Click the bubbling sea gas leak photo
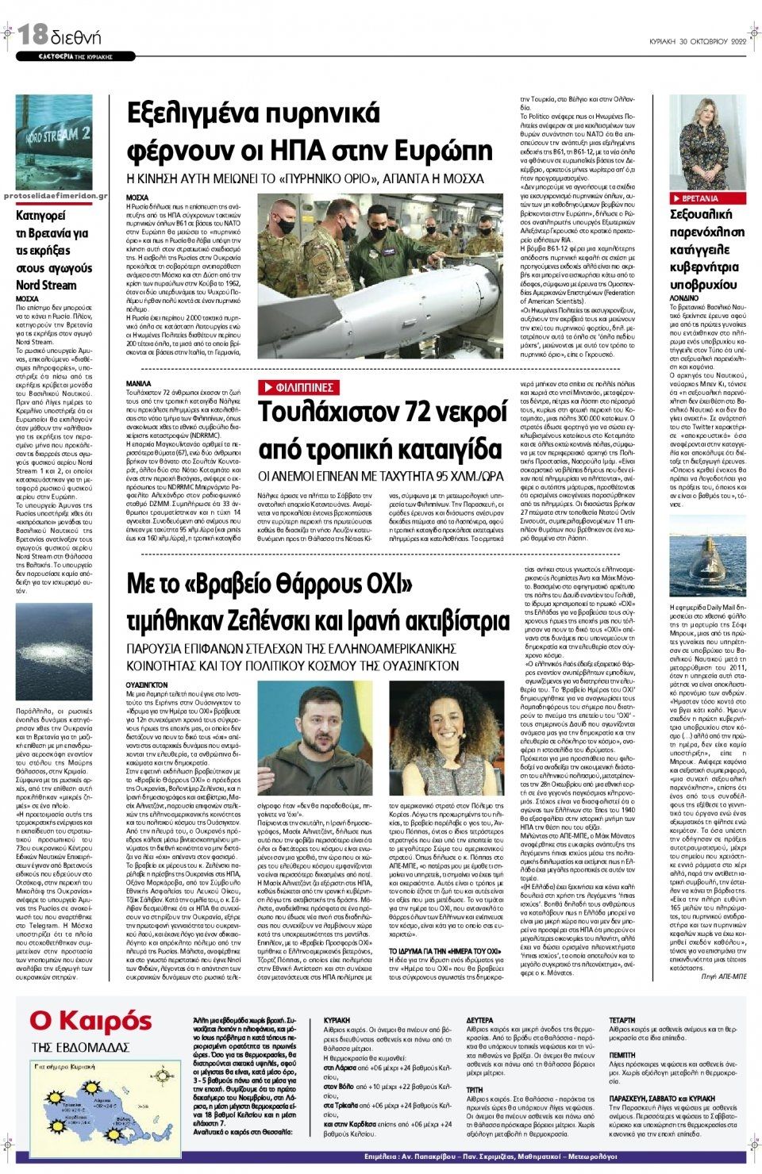point(54,651)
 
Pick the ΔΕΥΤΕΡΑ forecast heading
point(479,1020)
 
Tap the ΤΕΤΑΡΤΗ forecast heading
point(622,1020)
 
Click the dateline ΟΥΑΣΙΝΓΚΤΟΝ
point(148,683)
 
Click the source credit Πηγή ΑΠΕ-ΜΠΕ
point(724,977)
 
